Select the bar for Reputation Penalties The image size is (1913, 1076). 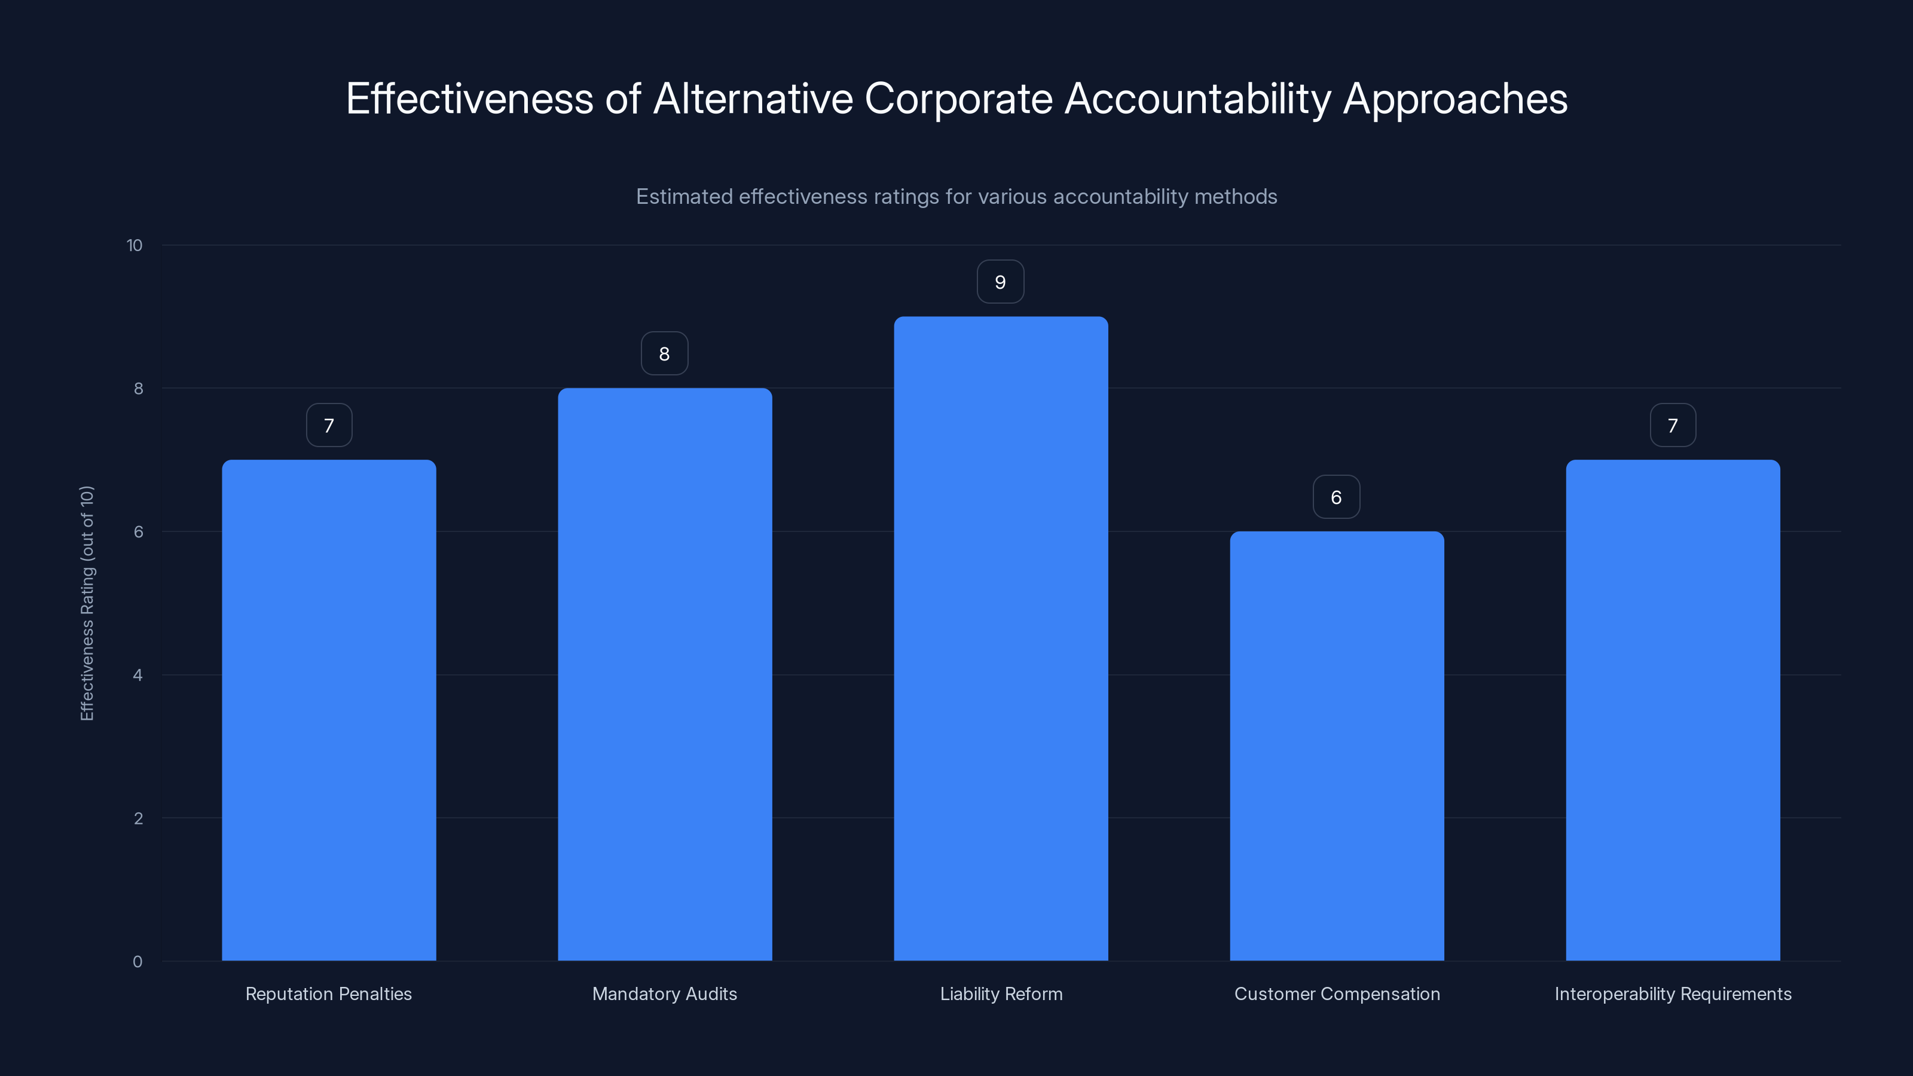[x=329, y=710]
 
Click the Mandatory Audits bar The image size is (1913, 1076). [x=665, y=674]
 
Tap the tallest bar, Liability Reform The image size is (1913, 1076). [x=1000, y=638]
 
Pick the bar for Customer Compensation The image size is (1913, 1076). [x=1337, y=745]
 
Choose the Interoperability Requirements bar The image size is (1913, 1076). [x=1673, y=710]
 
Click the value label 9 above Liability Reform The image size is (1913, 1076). [x=1000, y=282]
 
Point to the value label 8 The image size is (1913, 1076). [x=664, y=353]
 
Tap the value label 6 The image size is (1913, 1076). [x=1336, y=497]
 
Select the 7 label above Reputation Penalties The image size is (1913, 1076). [x=329, y=426]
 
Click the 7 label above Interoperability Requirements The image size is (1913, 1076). [x=1673, y=426]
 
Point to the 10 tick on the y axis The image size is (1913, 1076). [x=135, y=245]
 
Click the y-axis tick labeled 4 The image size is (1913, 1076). [x=137, y=675]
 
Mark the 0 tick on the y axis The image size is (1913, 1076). [x=137, y=962]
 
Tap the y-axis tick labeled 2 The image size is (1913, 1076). [x=137, y=818]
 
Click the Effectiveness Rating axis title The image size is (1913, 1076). [x=87, y=603]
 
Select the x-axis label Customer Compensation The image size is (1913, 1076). [x=1337, y=994]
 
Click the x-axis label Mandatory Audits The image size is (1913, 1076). [x=665, y=994]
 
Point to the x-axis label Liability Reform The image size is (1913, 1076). [x=1000, y=994]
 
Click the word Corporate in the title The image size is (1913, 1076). [x=958, y=99]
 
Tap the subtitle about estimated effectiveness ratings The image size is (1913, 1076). [x=956, y=197]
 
